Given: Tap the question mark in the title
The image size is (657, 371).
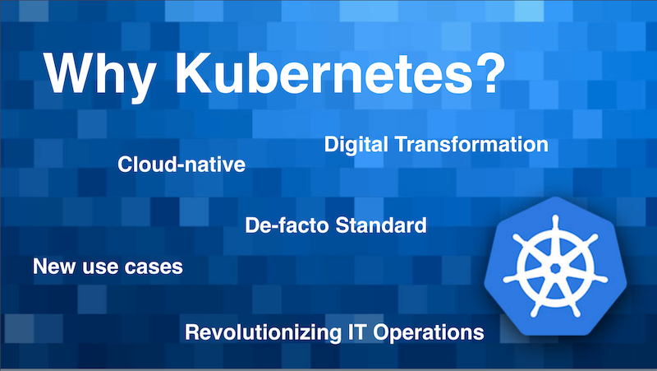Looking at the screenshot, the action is click(490, 73).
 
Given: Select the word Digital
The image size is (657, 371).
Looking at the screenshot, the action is click(356, 145).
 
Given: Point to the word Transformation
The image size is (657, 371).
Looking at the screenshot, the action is click(471, 145).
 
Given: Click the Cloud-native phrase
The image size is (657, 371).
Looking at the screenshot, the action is click(181, 164).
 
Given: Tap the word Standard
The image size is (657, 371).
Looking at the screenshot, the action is click(381, 225).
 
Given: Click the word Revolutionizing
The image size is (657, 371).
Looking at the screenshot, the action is click(264, 332).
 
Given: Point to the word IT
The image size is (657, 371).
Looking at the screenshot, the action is click(357, 332).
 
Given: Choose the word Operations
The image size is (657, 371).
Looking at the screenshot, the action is click(429, 333).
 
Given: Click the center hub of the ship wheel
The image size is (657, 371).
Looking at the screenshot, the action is click(556, 268).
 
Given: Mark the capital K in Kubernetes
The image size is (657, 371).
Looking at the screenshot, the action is click(195, 73).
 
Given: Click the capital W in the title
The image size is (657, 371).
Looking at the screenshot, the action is click(71, 73).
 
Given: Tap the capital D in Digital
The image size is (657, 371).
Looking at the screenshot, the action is click(333, 145).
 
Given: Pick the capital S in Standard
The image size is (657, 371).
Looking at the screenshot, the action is click(343, 225).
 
